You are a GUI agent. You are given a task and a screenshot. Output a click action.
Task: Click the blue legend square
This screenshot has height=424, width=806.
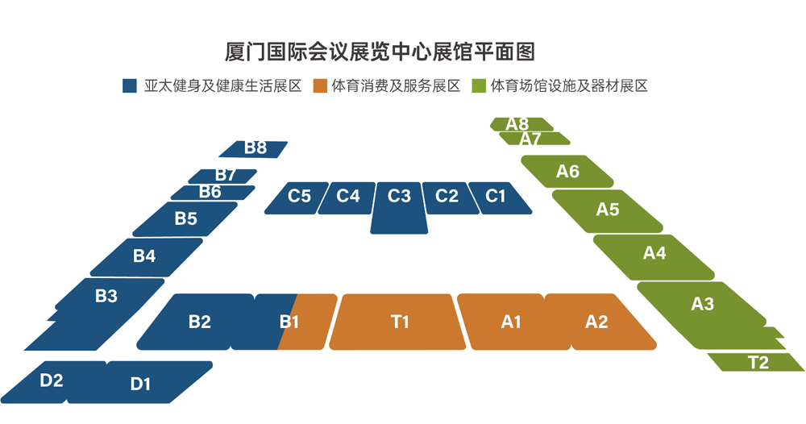click(130, 85)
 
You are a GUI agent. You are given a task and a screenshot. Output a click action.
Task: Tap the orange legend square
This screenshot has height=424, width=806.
click(320, 85)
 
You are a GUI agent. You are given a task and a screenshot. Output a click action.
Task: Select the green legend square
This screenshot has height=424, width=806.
click(479, 85)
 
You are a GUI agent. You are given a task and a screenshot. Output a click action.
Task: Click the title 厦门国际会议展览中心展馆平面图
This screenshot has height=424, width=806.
click(380, 52)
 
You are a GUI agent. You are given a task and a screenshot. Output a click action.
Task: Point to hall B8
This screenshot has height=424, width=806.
click(253, 149)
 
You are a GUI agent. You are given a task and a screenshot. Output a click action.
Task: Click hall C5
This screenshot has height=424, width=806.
click(297, 197)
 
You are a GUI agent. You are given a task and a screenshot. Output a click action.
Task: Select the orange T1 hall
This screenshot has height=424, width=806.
click(397, 322)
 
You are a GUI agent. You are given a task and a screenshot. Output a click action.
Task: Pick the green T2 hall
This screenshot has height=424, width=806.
click(756, 362)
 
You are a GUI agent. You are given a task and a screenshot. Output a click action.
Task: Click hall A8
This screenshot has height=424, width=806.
click(521, 124)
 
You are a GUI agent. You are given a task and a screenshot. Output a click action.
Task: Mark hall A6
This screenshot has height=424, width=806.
click(567, 171)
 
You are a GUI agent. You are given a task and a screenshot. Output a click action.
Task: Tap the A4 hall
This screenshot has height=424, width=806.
click(654, 257)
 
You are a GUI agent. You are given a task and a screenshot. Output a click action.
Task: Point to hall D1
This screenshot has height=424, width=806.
click(139, 382)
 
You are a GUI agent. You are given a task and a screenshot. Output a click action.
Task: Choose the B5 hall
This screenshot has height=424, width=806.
click(185, 219)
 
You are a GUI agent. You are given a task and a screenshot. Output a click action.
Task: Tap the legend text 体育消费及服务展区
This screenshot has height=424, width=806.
click(395, 85)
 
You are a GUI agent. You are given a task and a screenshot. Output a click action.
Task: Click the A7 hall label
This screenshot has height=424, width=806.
click(530, 139)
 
